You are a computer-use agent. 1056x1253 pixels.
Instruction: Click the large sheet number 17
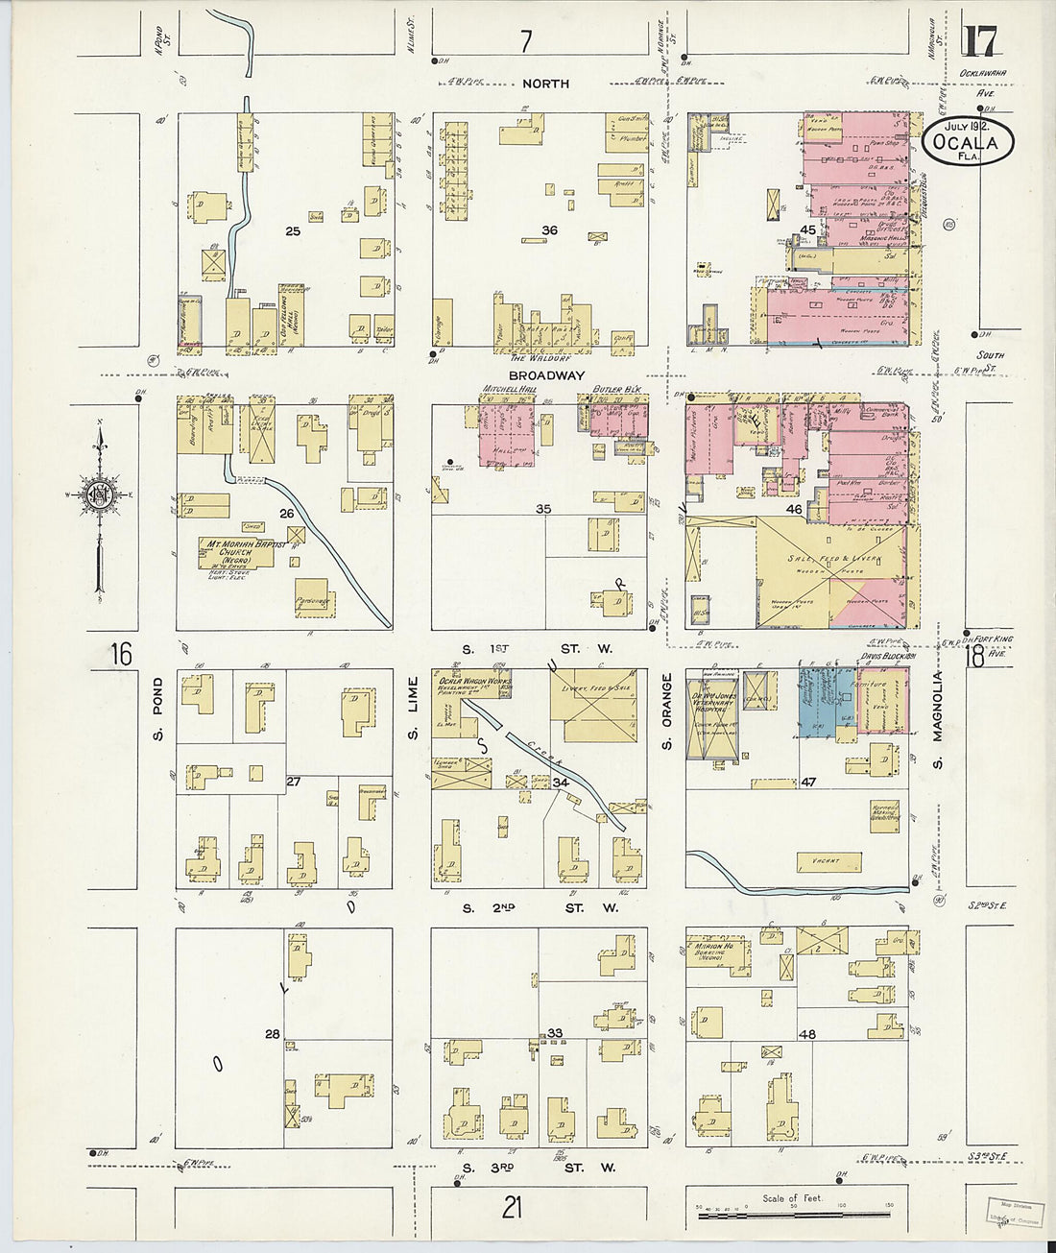pyautogui.click(x=980, y=41)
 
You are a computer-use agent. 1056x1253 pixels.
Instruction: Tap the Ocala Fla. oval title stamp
pyautogui.click(x=971, y=142)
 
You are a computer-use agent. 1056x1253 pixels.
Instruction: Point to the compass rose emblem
pyautogui.click(x=99, y=495)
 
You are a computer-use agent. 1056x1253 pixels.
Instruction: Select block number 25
pyautogui.click(x=293, y=231)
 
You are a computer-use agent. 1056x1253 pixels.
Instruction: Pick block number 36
pyautogui.click(x=549, y=230)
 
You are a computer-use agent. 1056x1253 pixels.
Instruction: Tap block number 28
pyautogui.click(x=273, y=1034)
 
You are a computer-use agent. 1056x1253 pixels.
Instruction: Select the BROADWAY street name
pyautogui.click(x=546, y=375)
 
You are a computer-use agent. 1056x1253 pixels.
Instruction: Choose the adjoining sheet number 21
pyautogui.click(x=512, y=1207)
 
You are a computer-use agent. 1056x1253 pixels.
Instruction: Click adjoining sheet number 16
pyautogui.click(x=120, y=655)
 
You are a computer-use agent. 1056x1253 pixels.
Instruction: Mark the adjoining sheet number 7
pyautogui.click(x=525, y=41)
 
